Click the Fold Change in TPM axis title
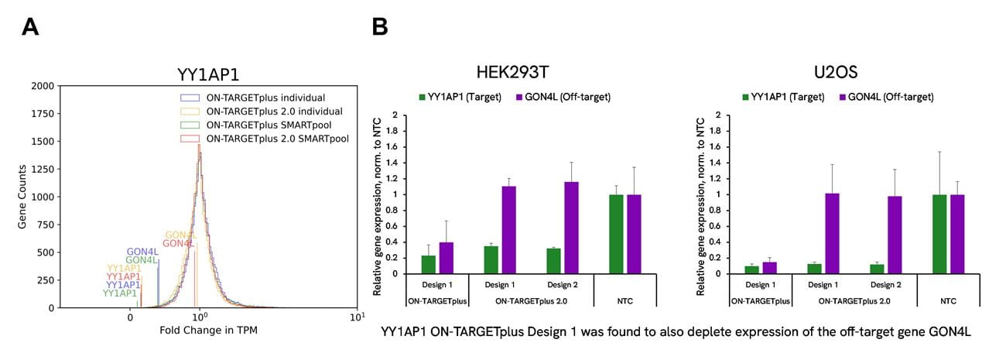(x=208, y=331)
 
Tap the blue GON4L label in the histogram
(x=143, y=252)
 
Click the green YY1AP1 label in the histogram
(x=120, y=293)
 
